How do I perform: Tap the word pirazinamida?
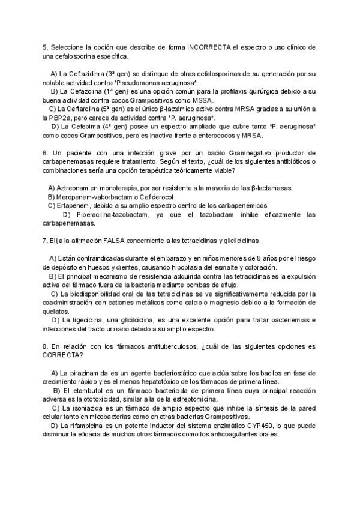[x=84, y=373]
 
